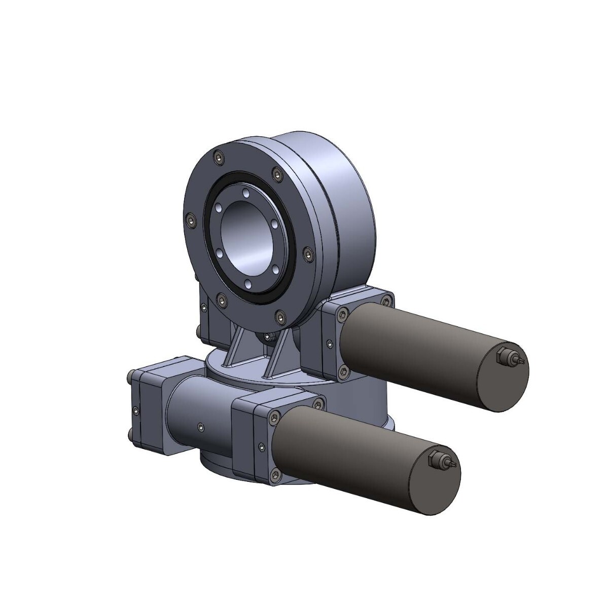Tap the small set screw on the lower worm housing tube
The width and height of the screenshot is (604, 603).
point(201,427)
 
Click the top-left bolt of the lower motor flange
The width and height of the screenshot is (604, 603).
point(274,417)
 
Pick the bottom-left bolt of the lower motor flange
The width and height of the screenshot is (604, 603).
point(274,474)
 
